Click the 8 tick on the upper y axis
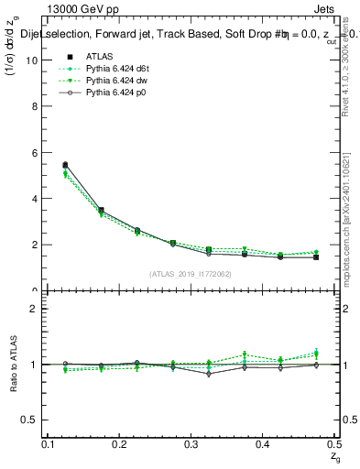(37, 106)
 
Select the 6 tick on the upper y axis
(37, 152)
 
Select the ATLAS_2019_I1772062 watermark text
(190, 274)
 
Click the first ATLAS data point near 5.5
(64, 165)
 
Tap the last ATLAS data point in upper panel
(316, 257)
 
